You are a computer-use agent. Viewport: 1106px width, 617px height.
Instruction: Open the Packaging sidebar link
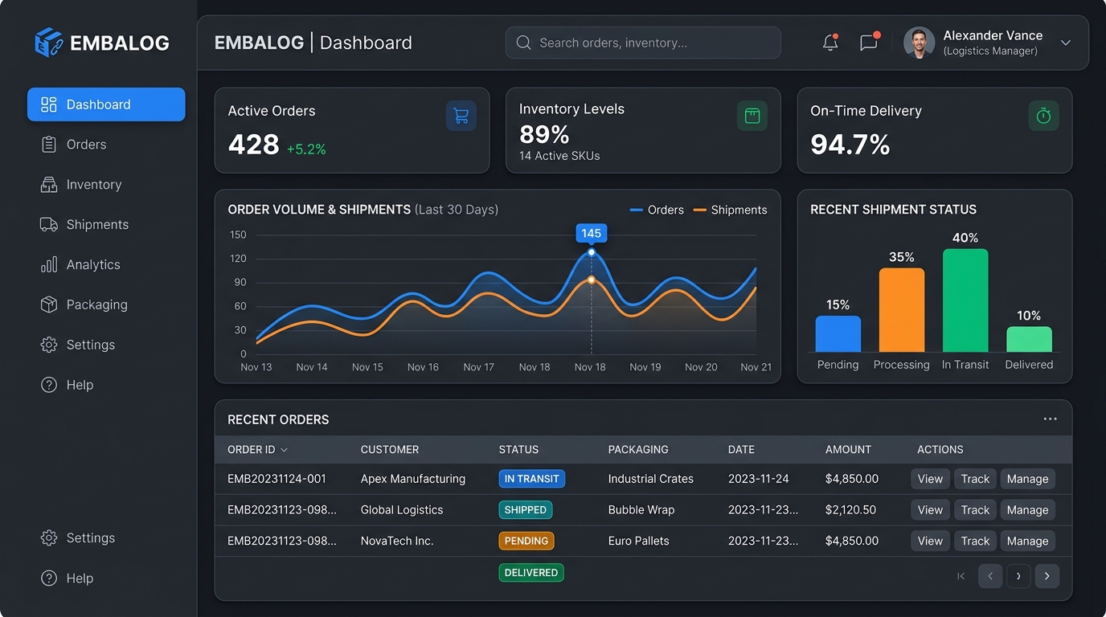pyautogui.click(x=84, y=304)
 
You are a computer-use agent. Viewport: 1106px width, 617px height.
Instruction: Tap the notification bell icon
pyautogui.click(x=830, y=43)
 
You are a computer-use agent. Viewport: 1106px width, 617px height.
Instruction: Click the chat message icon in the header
pyautogui.click(x=869, y=42)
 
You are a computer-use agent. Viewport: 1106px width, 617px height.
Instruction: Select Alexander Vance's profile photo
pyautogui.click(x=919, y=43)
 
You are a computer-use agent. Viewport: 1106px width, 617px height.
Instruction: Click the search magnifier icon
pyautogui.click(x=523, y=43)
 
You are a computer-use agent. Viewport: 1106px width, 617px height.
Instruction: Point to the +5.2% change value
pyautogui.click(x=306, y=149)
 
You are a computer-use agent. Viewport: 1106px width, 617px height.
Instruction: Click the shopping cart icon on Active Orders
pyautogui.click(x=461, y=116)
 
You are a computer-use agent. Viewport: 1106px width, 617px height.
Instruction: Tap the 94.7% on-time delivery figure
pyautogui.click(x=850, y=145)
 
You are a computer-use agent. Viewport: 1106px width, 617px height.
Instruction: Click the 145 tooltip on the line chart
pyautogui.click(x=591, y=233)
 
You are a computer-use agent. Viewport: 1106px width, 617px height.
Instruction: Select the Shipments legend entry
pyautogui.click(x=730, y=210)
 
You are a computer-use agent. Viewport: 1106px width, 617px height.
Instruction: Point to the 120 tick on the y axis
pyautogui.click(x=238, y=258)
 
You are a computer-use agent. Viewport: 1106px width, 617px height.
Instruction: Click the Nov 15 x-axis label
pyautogui.click(x=367, y=367)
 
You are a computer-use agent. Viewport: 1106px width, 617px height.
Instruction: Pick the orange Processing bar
pyautogui.click(x=902, y=310)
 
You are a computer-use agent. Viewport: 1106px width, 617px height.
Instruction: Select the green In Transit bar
pyautogui.click(x=965, y=300)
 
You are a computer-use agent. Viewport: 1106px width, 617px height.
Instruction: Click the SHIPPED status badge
pyautogui.click(x=526, y=510)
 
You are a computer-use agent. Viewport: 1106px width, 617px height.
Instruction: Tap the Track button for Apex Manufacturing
pyautogui.click(x=975, y=479)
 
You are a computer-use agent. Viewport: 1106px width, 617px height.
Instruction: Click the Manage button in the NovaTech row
pyautogui.click(x=1027, y=541)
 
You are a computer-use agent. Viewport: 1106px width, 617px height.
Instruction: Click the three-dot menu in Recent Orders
pyautogui.click(x=1050, y=419)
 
